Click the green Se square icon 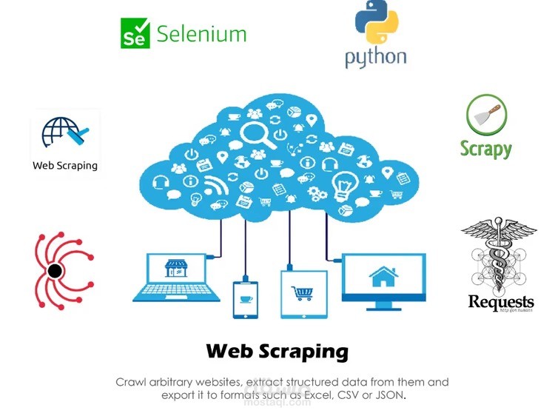pyautogui.click(x=135, y=33)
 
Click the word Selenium pyautogui.click(x=201, y=33)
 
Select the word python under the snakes pyautogui.click(x=375, y=57)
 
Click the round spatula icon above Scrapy pyautogui.click(x=486, y=115)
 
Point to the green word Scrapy pyautogui.click(x=486, y=148)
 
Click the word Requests pyautogui.click(x=501, y=301)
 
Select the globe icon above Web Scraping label pyautogui.click(x=64, y=133)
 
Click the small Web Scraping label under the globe pyautogui.click(x=65, y=165)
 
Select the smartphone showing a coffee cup pyautogui.click(x=244, y=298)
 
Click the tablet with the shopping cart pyautogui.click(x=303, y=293)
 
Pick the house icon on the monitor pyautogui.click(x=383, y=277)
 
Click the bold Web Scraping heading pyautogui.click(x=277, y=350)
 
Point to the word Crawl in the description pyautogui.click(x=130, y=382)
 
